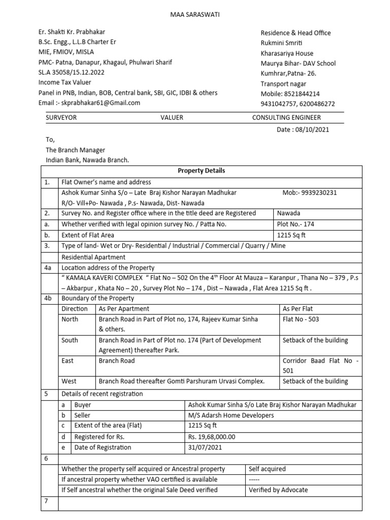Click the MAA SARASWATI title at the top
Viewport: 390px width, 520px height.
(x=195, y=14)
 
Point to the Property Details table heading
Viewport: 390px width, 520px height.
(x=202, y=171)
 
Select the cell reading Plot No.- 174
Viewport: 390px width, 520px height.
(x=296, y=224)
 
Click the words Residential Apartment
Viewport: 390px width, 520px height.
(x=93, y=257)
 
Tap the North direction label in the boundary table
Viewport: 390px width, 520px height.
(x=70, y=319)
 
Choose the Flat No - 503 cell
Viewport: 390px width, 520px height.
(x=301, y=319)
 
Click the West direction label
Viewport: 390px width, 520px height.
(x=69, y=381)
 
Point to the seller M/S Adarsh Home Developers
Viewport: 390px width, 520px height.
(x=231, y=415)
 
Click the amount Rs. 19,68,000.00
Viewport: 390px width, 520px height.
(x=212, y=437)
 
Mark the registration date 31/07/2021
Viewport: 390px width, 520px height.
(x=205, y=447)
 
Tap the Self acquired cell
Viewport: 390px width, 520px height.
(x=267, y=469)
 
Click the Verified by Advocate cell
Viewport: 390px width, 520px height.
(x=278, y=490)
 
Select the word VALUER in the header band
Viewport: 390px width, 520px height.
(x=172, y=117)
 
